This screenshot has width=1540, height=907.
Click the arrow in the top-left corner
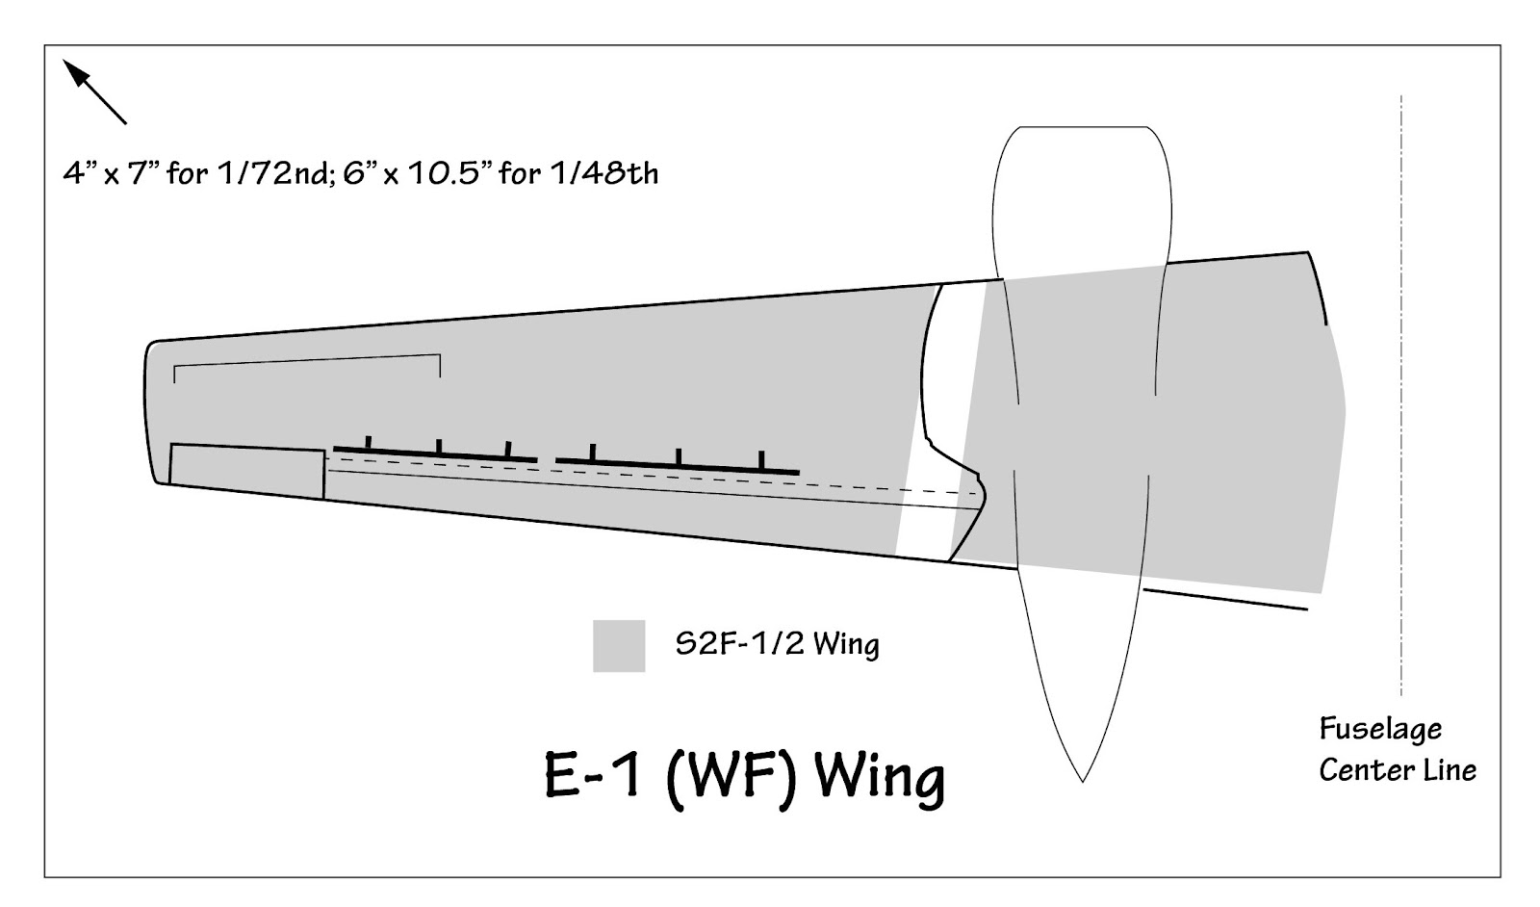click(93, 91)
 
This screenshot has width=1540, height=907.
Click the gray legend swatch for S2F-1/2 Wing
click(618, 645)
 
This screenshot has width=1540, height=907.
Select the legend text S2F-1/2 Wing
click(777, 643)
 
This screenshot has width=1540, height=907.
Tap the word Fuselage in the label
click(1379, 729)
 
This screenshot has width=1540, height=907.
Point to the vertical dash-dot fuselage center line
click(1400, 385)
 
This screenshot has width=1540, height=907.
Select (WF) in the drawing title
click(731, 775)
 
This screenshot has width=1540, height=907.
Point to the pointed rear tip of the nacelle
click(1082, 778)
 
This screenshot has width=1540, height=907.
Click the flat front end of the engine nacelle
click(1082, 128)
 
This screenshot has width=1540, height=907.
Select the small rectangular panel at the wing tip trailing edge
click(246, 471)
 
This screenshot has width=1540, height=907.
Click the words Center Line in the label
click(1397, 770)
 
